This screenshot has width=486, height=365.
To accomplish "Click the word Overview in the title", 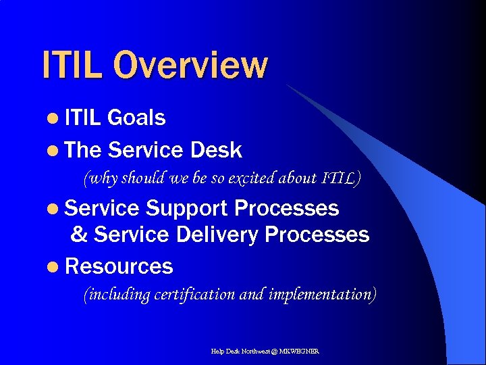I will point(190,66).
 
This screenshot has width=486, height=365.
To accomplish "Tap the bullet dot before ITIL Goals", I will point(53,118).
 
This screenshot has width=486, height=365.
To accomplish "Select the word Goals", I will point(136,118).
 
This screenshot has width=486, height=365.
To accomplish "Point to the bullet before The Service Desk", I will point(53,150).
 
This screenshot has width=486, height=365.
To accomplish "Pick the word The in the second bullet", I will point(83,149).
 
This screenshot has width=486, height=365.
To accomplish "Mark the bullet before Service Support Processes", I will point(53,209).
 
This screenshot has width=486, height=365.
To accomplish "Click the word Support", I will point(186,208).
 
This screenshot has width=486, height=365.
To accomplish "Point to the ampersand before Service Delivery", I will point(79,235).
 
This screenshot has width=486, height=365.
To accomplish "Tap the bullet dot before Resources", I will point(53,267).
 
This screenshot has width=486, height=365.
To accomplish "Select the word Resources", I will point(119,266).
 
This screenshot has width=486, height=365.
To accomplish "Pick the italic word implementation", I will point(321,295).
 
